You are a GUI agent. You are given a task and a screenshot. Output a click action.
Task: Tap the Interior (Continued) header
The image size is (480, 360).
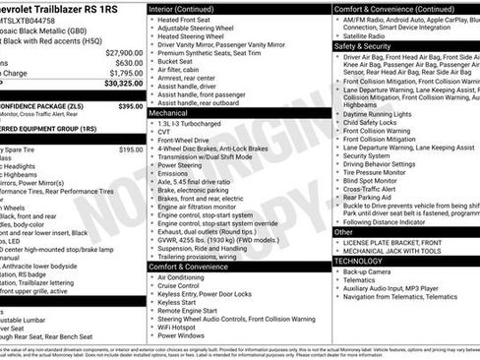tap(196, 8)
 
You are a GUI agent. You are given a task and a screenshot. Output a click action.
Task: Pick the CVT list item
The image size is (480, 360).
tap(164, 134)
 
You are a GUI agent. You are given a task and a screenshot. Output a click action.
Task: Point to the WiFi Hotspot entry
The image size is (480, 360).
tap(182, 326)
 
